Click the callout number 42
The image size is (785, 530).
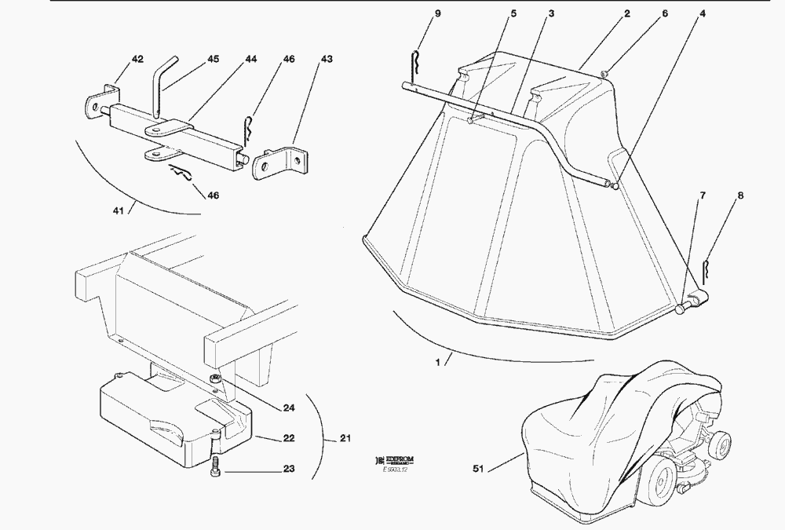pos(115,60)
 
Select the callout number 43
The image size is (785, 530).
pos(327,60)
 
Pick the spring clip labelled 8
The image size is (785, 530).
pos(706,272)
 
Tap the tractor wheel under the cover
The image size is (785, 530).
pos(660,479)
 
